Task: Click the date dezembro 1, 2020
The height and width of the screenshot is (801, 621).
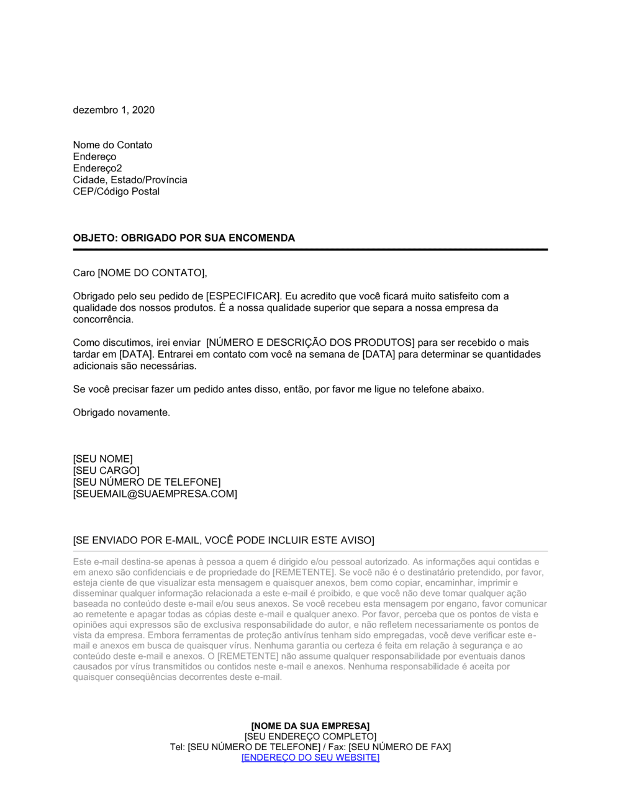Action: point(114,110)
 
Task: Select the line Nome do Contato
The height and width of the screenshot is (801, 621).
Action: point(112,145)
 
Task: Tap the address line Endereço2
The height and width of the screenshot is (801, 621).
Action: point(97,168)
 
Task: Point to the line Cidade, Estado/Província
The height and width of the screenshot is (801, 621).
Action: point(130,180)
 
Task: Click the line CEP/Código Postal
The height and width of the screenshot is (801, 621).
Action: point(116,191)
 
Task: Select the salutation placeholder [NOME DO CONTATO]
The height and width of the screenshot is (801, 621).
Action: point(152,273)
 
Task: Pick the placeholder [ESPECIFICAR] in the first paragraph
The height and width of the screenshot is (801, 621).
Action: point(243,296)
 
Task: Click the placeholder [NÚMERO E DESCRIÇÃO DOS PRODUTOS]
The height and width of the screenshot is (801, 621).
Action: point(310,343)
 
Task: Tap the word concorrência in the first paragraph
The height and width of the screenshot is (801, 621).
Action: point(102,320)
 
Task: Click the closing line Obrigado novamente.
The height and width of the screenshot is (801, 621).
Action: point(121,412)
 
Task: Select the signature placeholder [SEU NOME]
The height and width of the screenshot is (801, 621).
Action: point(102,459)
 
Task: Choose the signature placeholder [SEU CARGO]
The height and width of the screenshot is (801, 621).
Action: point(106,471)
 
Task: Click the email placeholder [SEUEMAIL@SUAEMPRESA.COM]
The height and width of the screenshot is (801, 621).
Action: point(155,494)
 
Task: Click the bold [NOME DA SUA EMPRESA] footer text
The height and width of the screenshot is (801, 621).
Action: point(310,726)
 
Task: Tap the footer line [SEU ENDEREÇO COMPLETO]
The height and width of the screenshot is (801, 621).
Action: point(310,736)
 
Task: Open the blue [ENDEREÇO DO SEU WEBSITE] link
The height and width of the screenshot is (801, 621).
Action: point(310,758)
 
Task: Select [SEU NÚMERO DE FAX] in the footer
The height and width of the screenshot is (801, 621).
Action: point(399,747)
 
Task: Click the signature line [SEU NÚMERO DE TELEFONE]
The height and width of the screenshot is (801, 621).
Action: point(147,482)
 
